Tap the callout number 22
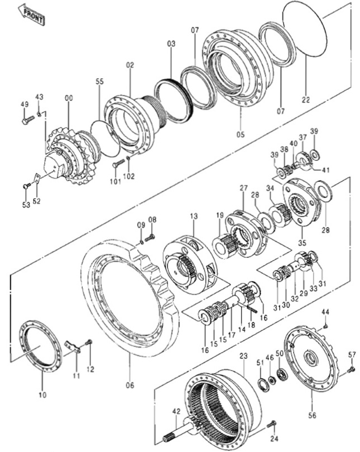tap(306, 100)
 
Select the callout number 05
tap(241, 134)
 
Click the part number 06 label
tap(130, 385)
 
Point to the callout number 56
tap(312, 415)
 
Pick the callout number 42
tap(176, 411)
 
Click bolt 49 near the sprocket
tap(28, 120)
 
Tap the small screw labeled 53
tap(26, 186)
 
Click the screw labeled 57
tap(351, 369)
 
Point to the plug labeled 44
tap(326, 326)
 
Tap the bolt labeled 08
tap(150, 238)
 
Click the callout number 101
tap(116, 181)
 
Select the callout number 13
tap(194, 216)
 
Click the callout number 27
tap(243, 188)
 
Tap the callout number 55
tap(99, 81)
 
